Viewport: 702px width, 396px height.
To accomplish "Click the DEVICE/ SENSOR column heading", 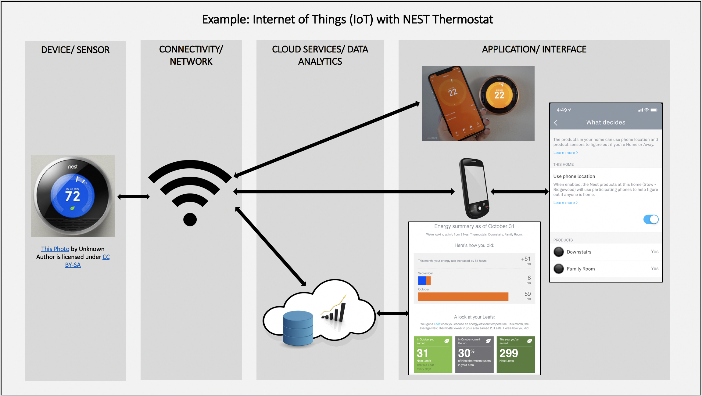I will tap(75, 50).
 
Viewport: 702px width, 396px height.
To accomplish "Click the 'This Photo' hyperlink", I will tap(55, 249).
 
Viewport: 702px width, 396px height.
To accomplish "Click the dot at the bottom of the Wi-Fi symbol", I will tap(190, 219).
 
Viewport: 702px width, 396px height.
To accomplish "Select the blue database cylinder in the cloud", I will tap(298, 328).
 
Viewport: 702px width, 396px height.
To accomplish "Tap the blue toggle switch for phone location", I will tap(651, 219).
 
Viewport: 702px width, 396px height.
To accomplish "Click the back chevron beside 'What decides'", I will tap(556, 123).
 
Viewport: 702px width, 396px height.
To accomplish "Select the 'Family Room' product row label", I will tap(581, 269).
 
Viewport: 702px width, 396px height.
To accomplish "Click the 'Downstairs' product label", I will tap(579, 252).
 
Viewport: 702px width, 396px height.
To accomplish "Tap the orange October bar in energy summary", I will tap(463, 297).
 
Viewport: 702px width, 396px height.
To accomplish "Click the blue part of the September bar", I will tap(422, 280).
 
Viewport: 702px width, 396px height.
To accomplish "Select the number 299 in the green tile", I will tap(509, 353).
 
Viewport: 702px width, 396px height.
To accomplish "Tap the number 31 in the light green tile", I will tap(422, 353).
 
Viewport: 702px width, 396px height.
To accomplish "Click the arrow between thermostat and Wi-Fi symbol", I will tap(134, 197).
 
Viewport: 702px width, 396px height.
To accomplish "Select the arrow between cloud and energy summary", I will tap(393, 313).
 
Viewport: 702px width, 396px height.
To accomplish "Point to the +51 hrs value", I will tap(526, 259).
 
